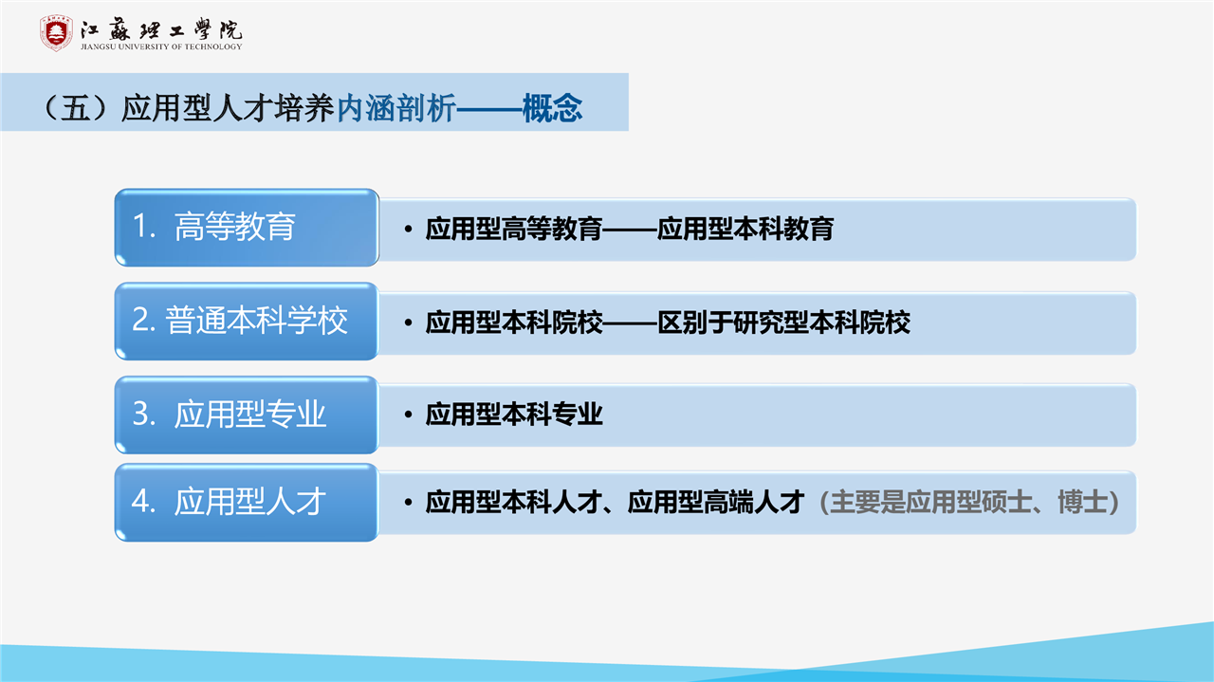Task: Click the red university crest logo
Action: pos(56,33)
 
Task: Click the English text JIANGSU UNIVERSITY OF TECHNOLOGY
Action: pos(161,46)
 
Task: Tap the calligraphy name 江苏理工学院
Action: pos(161,29)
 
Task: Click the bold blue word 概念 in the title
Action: pos(552,108)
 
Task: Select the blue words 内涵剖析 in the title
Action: pos(396,108)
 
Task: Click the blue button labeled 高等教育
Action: pos(247,228)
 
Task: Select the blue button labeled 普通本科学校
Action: pos(247,321)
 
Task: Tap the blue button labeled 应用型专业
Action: pos(247,415)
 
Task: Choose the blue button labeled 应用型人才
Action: pos(247,502)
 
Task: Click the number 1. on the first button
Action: pos(144,226)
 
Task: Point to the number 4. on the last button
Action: pos(144,501)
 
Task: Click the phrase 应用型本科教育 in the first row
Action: pos(745,229)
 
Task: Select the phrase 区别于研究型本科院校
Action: pos(783,323)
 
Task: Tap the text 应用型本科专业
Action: pos(514,415)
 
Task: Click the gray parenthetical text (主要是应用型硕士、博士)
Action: pos(969,502)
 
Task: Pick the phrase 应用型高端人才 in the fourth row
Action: pos(715,502)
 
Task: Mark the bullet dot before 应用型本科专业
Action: pos(409,415)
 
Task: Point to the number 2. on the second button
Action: pos(144,320)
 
